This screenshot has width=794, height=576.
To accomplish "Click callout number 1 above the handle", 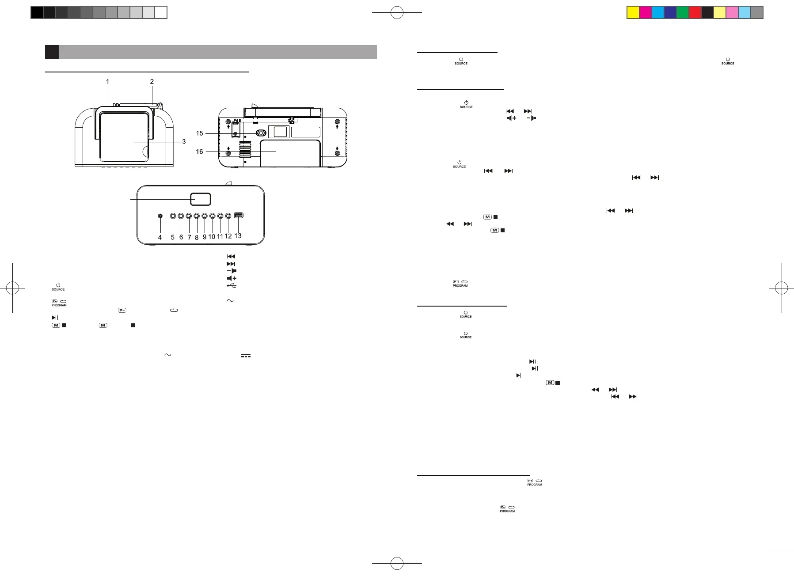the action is (107, 81).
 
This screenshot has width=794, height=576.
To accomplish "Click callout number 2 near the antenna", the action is (152, 81).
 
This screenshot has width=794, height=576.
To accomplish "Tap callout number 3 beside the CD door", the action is (184, 142).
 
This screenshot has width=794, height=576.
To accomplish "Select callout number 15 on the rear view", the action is (200, 133).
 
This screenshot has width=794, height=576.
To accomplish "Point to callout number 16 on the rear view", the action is (200, 152).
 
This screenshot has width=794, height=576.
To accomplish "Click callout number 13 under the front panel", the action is (238, 236).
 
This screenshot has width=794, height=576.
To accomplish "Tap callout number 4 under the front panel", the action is (160, 237).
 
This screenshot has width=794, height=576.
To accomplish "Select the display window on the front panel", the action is (201, 199).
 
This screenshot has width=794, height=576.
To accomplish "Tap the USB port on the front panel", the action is (239, 216).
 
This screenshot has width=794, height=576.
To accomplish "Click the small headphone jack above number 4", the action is (160, 216).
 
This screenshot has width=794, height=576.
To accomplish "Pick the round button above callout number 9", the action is (205, 216).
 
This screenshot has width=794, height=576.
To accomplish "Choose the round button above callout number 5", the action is (173, 216).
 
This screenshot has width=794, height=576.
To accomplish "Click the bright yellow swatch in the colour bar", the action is (633, 12).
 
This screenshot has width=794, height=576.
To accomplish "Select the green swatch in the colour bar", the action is (683, 12).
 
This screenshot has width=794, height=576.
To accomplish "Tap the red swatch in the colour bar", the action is (695, 12).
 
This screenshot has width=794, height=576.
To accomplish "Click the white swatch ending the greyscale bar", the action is (161, 12).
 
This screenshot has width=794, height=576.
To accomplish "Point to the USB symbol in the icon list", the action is (232, 286).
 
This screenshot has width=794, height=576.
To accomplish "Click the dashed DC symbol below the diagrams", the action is (246, 355).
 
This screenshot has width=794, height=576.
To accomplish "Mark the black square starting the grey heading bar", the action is (52, 52).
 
